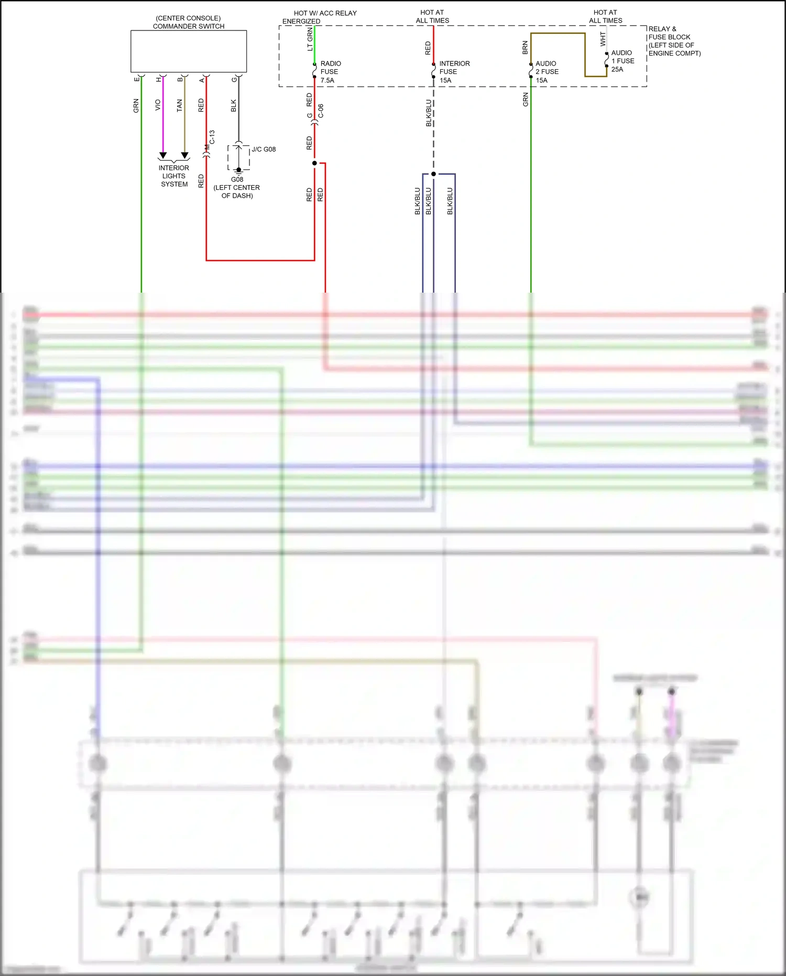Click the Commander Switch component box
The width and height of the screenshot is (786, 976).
coord(189,51)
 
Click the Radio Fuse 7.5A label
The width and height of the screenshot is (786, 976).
coord(330,72)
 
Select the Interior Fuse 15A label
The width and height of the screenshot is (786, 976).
coord(454,72)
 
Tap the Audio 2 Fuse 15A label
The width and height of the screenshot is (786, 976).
coord(547,72)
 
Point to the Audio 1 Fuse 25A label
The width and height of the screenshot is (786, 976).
coord(622,61)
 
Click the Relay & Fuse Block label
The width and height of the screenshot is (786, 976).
coord(674,41)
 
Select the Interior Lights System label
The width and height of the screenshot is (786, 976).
coord(174,176)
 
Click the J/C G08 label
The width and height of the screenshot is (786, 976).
coord(264,149)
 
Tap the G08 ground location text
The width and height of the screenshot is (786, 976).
coord(237,188)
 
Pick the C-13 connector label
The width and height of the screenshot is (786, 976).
coord(212,137)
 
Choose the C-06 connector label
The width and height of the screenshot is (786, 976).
coord(321,111)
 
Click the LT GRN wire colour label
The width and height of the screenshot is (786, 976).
coord(310,39)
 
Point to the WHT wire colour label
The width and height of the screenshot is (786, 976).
coord(603,39)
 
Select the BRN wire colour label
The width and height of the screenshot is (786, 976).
coord(525,48)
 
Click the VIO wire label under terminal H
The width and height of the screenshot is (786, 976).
coord(158,105)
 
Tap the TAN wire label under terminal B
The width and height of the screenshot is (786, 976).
coord(179,105)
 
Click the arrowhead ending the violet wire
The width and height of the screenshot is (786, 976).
coord(163,156)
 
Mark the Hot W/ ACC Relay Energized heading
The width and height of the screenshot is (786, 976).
coord(320,17)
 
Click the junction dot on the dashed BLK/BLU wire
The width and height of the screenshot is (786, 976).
coord(433,174)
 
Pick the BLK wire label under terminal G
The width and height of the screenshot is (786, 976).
coord(234,105)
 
